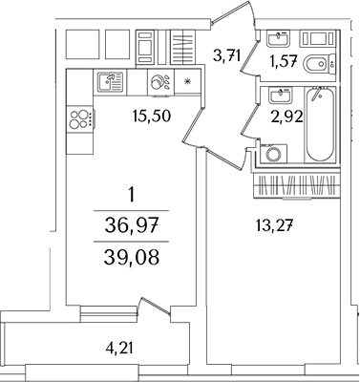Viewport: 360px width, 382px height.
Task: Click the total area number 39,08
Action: pyautogui.click(x=132, y=258)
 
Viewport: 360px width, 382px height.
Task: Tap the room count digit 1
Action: pyautogui.click(x=131, y=197)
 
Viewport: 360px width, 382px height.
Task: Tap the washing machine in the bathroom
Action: pyautogui.click(x=275, y=156)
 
